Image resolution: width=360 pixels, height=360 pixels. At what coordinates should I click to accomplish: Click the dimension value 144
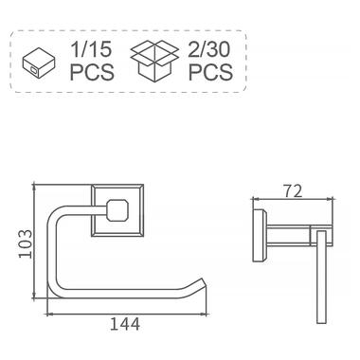(125, 324)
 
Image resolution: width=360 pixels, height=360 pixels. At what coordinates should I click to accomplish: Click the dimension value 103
(26, 243)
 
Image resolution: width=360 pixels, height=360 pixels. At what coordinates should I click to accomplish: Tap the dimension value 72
(293, 190)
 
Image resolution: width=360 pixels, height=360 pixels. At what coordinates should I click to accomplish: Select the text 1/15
(91, 49)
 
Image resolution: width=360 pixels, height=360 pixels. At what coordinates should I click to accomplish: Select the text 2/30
(209, 49)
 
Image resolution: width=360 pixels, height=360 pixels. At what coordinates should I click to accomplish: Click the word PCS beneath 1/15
(92, 72)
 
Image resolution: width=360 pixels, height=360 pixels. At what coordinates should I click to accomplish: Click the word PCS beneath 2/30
(210, 72)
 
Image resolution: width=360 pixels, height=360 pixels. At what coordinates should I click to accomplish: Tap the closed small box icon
(39, 63)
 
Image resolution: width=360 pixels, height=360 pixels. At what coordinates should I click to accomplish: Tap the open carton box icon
(154, 62)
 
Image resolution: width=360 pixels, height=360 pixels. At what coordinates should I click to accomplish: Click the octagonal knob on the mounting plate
(117, 210)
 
